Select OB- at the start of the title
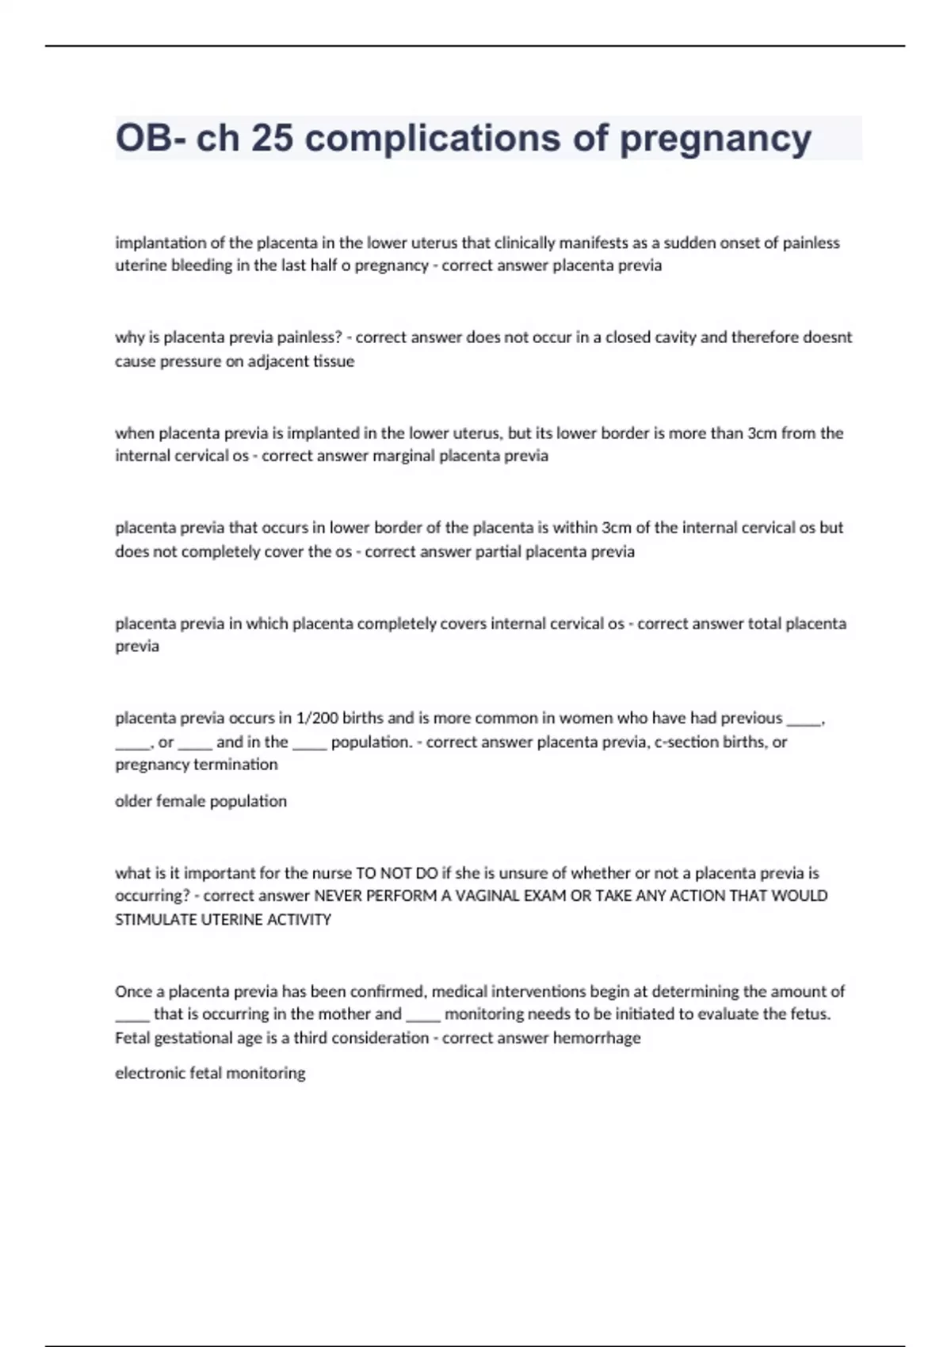tap(151, 138)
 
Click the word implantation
tap(159, 242)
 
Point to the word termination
tap(235, 765)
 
